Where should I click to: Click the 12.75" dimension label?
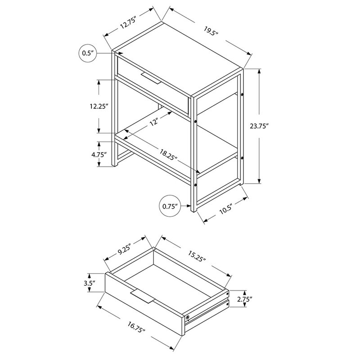pos(129,22)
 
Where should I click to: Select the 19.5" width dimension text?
pos(210,31)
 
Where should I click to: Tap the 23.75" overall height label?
pos(259,126)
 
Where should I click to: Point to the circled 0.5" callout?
pos(88,53)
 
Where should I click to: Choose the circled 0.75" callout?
pos(170,206)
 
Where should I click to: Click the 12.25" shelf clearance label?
pos(99,106)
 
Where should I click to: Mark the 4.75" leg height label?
pos(99,154)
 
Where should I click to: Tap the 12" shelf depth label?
pos(154,121)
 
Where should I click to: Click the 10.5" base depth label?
pos(226,209)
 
